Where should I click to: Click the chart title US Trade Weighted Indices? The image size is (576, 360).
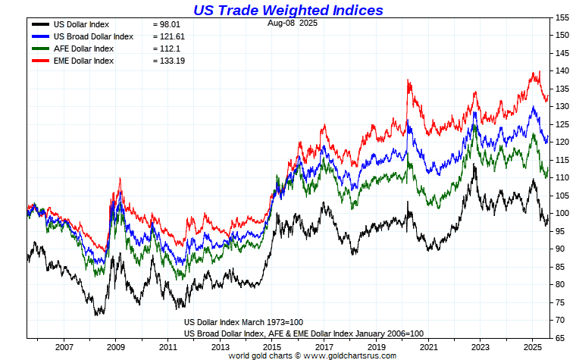click(x=288, y=11)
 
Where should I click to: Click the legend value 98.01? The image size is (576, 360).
click(x=168, y=25)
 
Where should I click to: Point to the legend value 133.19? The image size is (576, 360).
click(x=171, y=61)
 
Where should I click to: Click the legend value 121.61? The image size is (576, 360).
click(x=171, y=36)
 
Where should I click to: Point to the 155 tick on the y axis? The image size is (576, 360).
click(x=562, y=17)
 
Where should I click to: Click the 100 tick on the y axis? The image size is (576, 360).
click(x=562, y=213)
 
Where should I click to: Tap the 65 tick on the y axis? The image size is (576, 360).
click(x=562, y=337)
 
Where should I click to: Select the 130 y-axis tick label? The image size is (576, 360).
click(x=562, y=106)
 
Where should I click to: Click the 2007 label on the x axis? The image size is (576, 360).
click(x=64, y=346)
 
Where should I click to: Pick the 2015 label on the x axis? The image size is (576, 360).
click(x=271, y=346)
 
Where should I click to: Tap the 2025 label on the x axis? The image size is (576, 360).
click(x=531, y=346)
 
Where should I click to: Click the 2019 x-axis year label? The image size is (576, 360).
click(x=375, y=346)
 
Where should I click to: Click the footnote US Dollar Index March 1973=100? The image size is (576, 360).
click(x=245, y=322)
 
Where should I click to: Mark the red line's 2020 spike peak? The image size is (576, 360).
click(x=409, y=79)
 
